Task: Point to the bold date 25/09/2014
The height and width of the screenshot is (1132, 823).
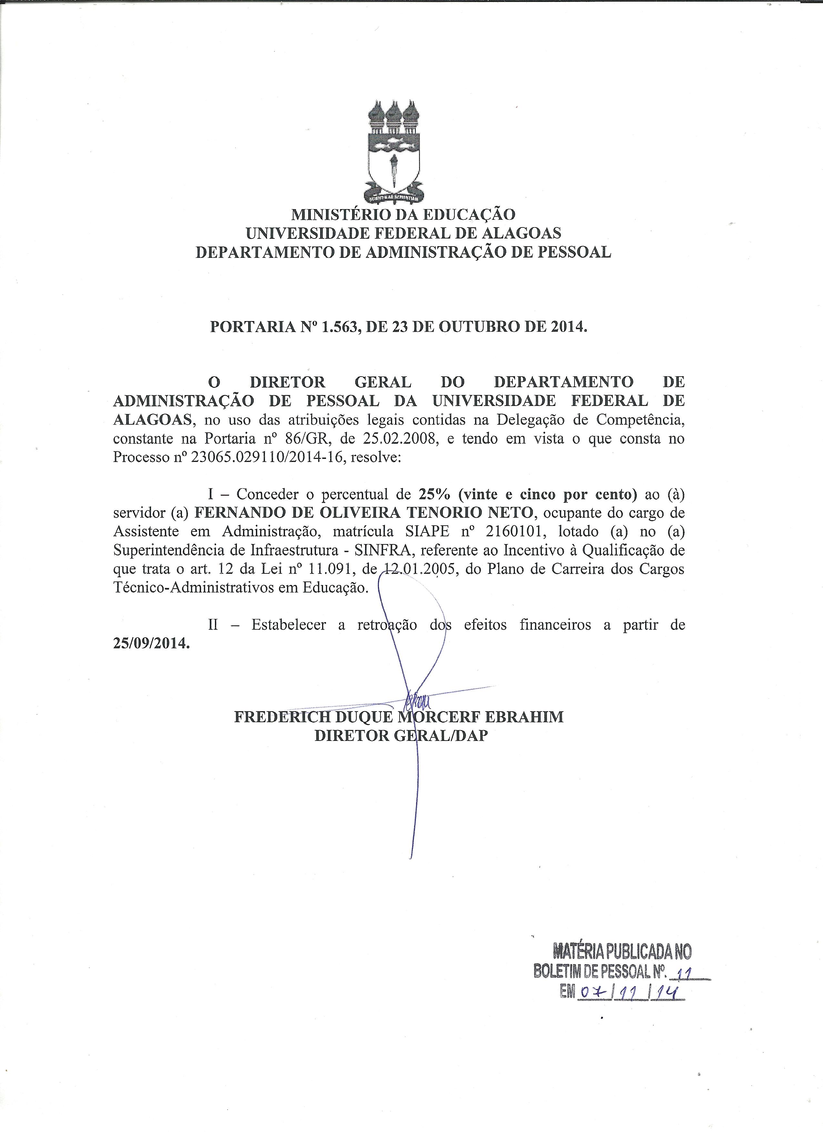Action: point(151,643)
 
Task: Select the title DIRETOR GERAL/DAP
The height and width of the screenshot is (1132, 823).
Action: point(401,736)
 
